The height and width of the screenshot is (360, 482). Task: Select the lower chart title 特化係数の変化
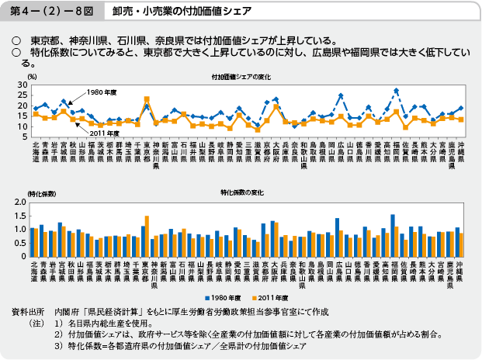coord(241,192)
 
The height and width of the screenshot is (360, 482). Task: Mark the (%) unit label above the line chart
coord(32,77)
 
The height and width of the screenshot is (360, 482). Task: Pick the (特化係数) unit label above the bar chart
coord(40,192)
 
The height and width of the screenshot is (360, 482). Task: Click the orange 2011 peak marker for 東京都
coord(147,99)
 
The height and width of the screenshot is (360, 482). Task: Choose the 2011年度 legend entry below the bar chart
coord(269,297)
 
